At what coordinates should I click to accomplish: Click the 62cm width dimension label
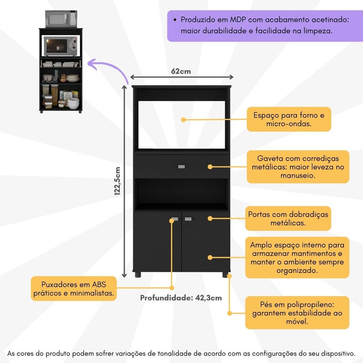coord(181,71)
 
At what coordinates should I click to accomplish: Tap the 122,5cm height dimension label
coord(117,181)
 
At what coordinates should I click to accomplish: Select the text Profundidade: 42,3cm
coord(181,298)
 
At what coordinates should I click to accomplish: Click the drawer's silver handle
coord(181,167)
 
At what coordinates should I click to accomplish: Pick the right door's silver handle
coord(188,219)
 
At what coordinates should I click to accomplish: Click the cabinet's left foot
coord(138,275)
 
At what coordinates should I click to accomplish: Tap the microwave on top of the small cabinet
coord(61,19)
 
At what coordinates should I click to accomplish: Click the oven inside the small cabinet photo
coord(61,46)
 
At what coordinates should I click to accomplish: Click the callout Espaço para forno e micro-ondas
coord(289,119)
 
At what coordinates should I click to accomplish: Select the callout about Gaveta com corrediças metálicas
coord(298,167)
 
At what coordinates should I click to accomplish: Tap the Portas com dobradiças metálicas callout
coord(288,218)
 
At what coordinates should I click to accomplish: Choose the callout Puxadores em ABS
coord(74,289)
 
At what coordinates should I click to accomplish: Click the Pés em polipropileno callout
coord(297,313)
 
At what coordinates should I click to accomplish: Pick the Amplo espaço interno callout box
coord(297,257)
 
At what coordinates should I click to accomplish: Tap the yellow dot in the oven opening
coord(183,120)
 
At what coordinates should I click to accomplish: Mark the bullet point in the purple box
coord(175,20)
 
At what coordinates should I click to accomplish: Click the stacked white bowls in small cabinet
coord(73,103)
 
